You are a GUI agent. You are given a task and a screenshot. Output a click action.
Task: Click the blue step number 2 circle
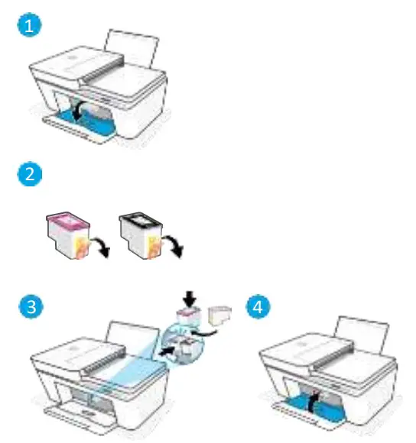pos(27,175)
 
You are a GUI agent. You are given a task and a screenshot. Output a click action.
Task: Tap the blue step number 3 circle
pos(27,308)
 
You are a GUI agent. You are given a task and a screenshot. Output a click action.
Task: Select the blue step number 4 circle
pos(258,308)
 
